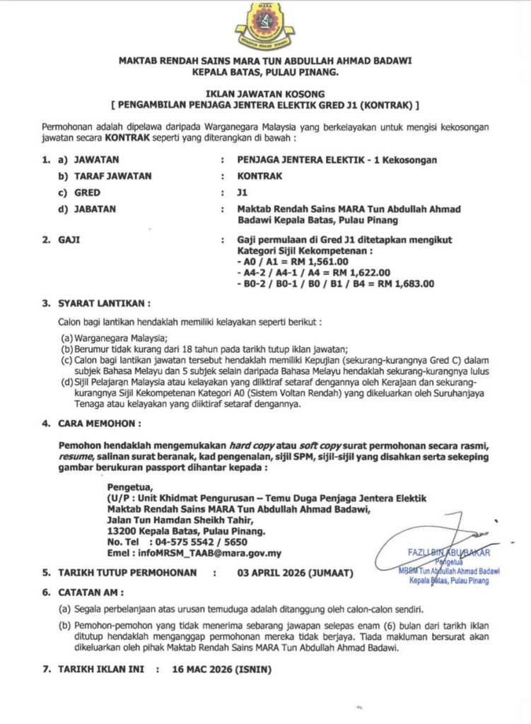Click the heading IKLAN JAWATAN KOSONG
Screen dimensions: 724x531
tap(265, 93)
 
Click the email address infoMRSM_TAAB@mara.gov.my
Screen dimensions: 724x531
tap(194, 553)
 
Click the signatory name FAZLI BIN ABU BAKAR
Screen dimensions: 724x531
tap(448, 552)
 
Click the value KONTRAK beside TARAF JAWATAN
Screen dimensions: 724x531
tap(259, 176)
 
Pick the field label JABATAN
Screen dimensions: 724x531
tap(95, 209)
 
